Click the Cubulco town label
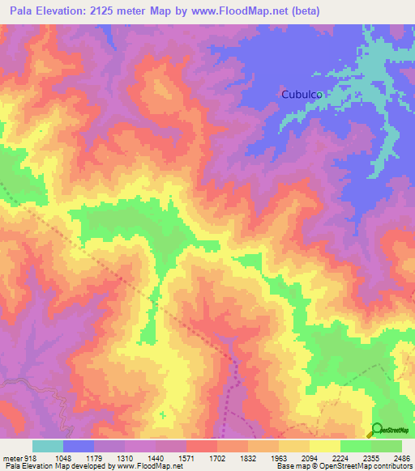click(303, 94)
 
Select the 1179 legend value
click(81, 457)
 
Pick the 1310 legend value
click(112, 457)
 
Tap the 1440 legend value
click(143, 457)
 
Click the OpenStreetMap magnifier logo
click(377, 429)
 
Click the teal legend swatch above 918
click(48, 446)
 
